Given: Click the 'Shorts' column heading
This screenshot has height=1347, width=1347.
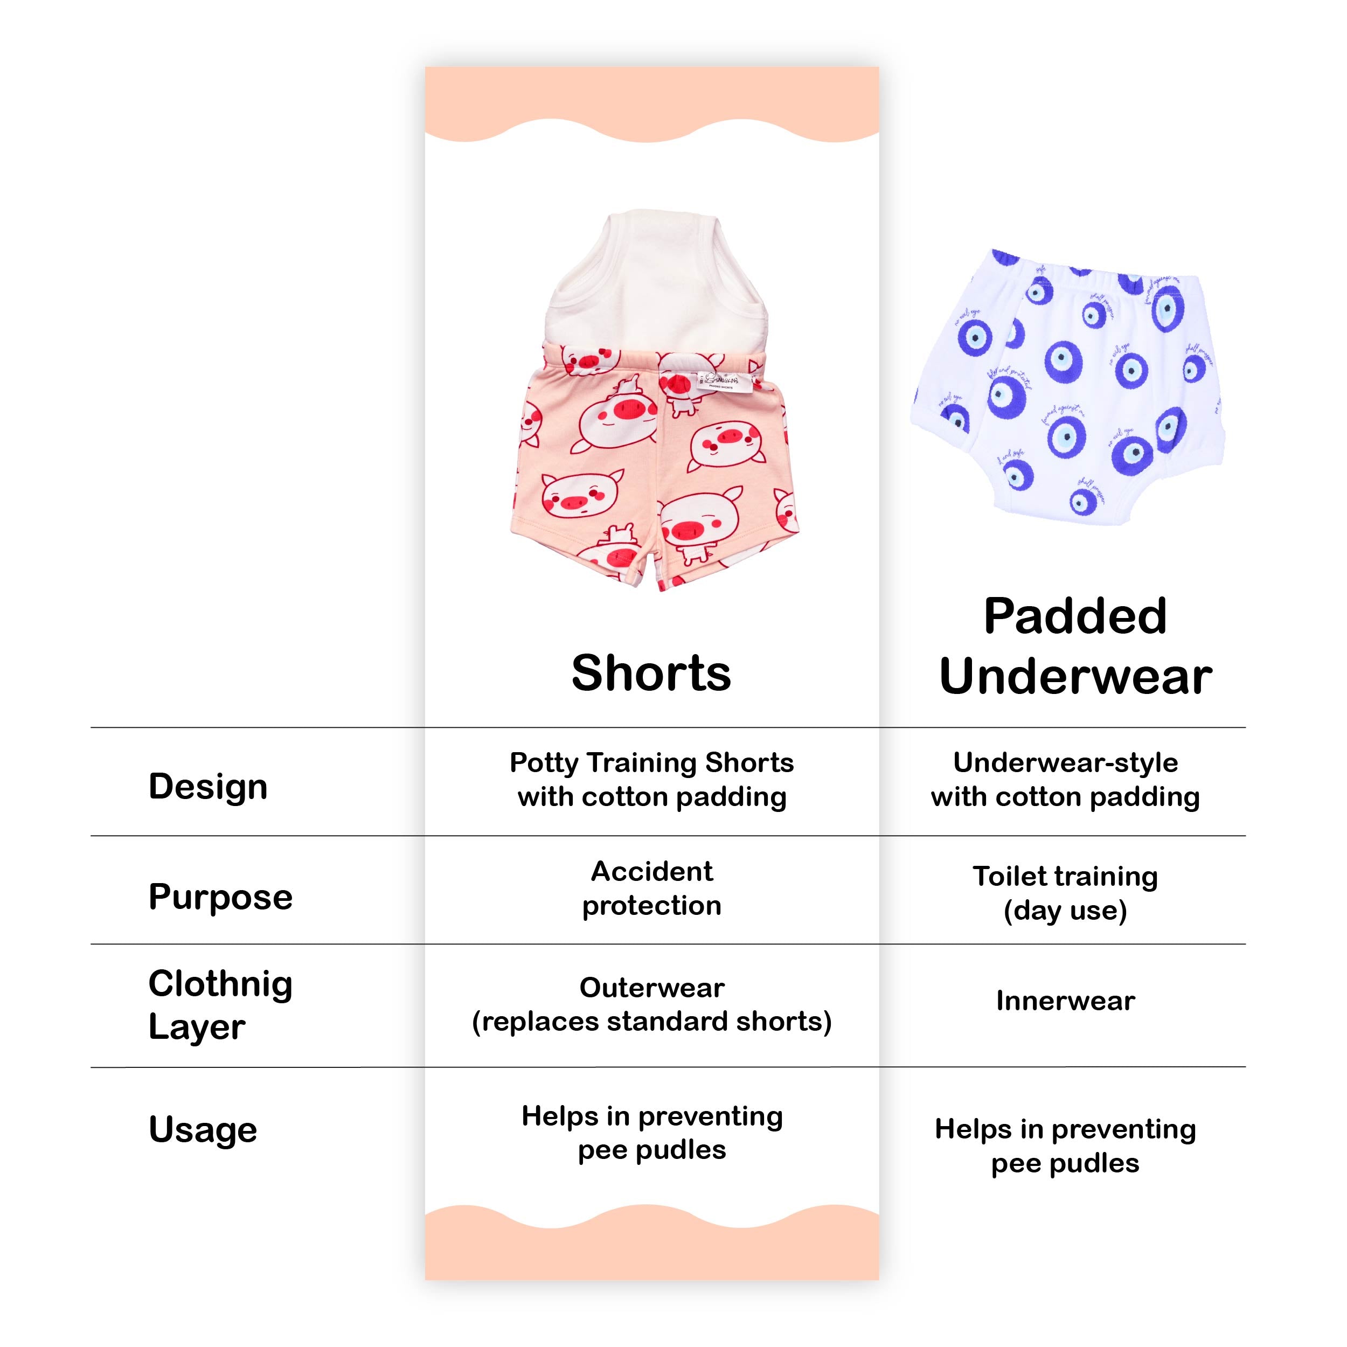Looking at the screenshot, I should (x=651, y=673).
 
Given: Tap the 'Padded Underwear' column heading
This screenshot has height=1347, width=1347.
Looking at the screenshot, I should (x=1075, y=647).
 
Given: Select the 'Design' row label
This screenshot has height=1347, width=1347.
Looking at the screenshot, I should (x=208, y=787).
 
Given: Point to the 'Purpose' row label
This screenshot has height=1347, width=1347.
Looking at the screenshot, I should (x=220, y=896).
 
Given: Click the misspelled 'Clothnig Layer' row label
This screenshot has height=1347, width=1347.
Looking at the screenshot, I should (x=220, y=1005).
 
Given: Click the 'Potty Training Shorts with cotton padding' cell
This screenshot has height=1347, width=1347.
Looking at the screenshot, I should (x=652, y=780).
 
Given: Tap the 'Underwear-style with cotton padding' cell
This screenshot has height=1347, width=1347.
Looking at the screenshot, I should (x=1065, y=780).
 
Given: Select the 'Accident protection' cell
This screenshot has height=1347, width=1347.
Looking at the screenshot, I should (x=652, y=888).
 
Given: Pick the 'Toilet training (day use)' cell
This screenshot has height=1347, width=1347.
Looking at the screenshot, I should (x=1065, y=893).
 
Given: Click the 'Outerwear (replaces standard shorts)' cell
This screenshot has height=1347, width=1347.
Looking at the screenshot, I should (x=652, y=1005).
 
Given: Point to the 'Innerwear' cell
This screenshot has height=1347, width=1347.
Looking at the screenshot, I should (x=1065, y=1001).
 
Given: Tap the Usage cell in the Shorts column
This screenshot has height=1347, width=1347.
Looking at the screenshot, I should (x=652, y=1133).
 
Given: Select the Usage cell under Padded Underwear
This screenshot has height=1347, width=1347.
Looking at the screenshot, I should (x=1065, y=1146).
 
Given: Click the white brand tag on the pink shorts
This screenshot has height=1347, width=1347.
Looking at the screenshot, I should (x=723, y=381).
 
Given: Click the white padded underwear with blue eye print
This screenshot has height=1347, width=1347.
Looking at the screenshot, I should (x=1067, y=384).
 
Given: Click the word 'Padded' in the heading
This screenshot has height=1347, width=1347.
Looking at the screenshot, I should (x=1075, y=617).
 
